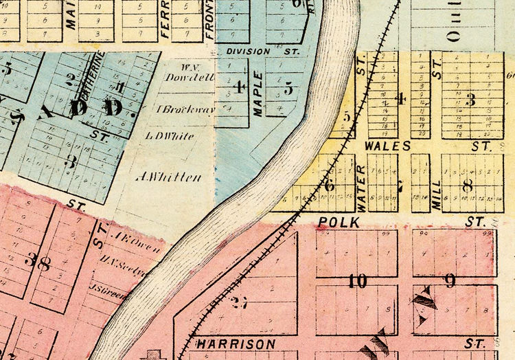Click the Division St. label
(x=259, y=51)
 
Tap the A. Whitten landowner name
(x=170, y=177)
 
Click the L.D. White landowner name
(x=170, y=136)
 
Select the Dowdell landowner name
(x=181, y=77)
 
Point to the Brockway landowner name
(x=177, y=108)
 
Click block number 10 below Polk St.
(x=357, y=281)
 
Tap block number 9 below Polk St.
(x=450, y=280)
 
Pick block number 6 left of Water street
(x=330, y=184)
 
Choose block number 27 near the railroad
(x=238, y=304)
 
